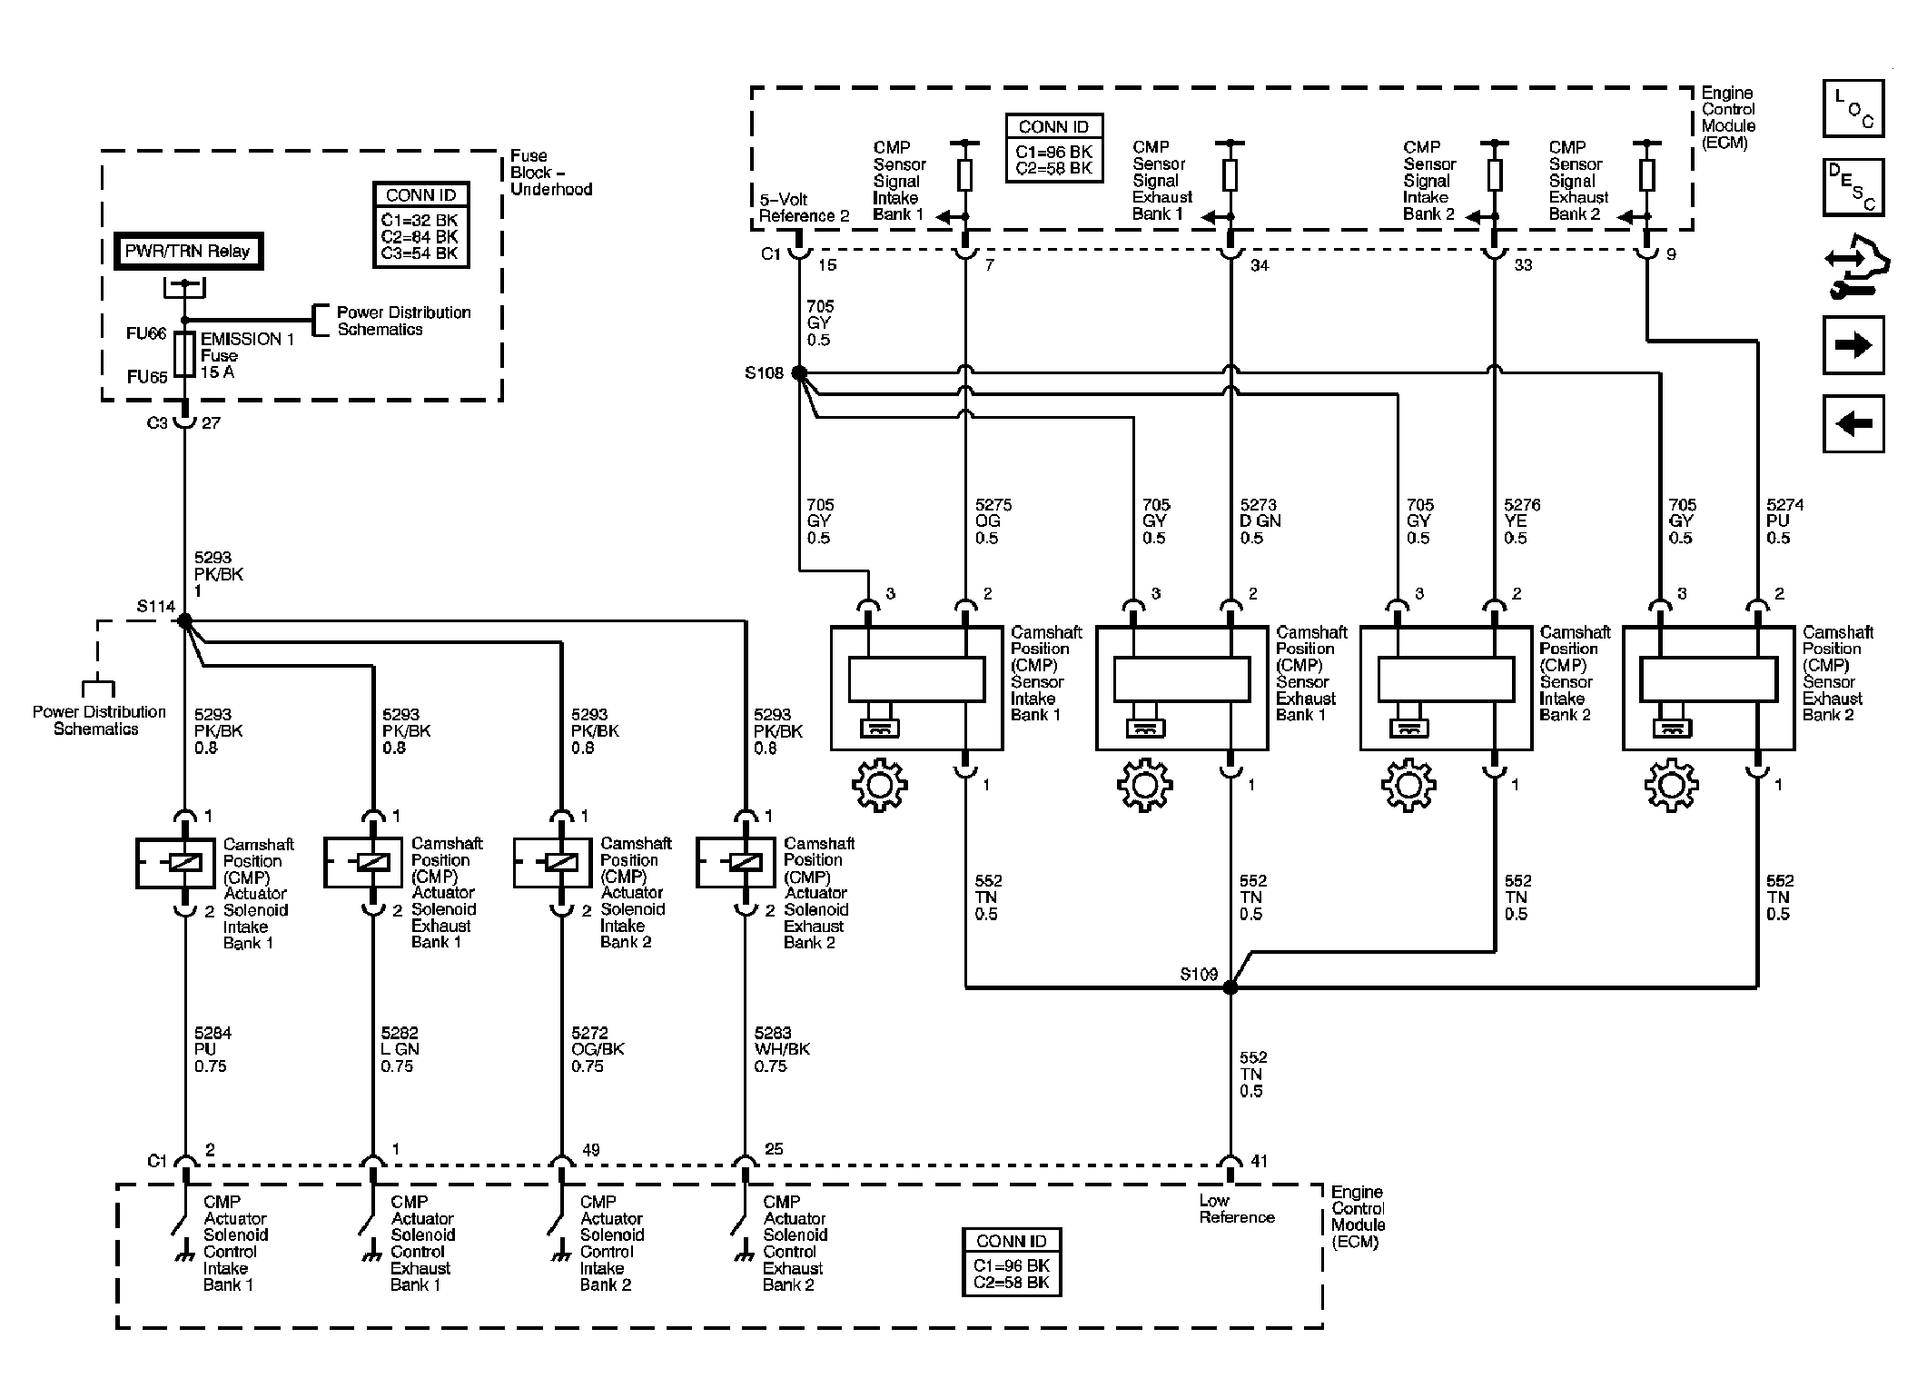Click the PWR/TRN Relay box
coord(188,252)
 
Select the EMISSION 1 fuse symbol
coord(184,354)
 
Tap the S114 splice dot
coord(184,621)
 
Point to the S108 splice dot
coord(799,372)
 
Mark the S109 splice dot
coord(1230,987)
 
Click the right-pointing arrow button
coord(1853,345)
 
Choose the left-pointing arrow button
coord(1853,423)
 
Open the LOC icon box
coord(1853,108)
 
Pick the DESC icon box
coord(1853,187)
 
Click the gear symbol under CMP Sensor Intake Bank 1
coord(880,784)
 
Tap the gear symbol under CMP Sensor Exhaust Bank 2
coord(1672,784)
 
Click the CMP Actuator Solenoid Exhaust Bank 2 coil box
coord(735,862)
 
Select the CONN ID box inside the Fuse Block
coord(421,224)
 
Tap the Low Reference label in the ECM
coord(1236,1209)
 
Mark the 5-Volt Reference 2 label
coord(805,207)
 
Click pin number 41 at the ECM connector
coord(1259,1161)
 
